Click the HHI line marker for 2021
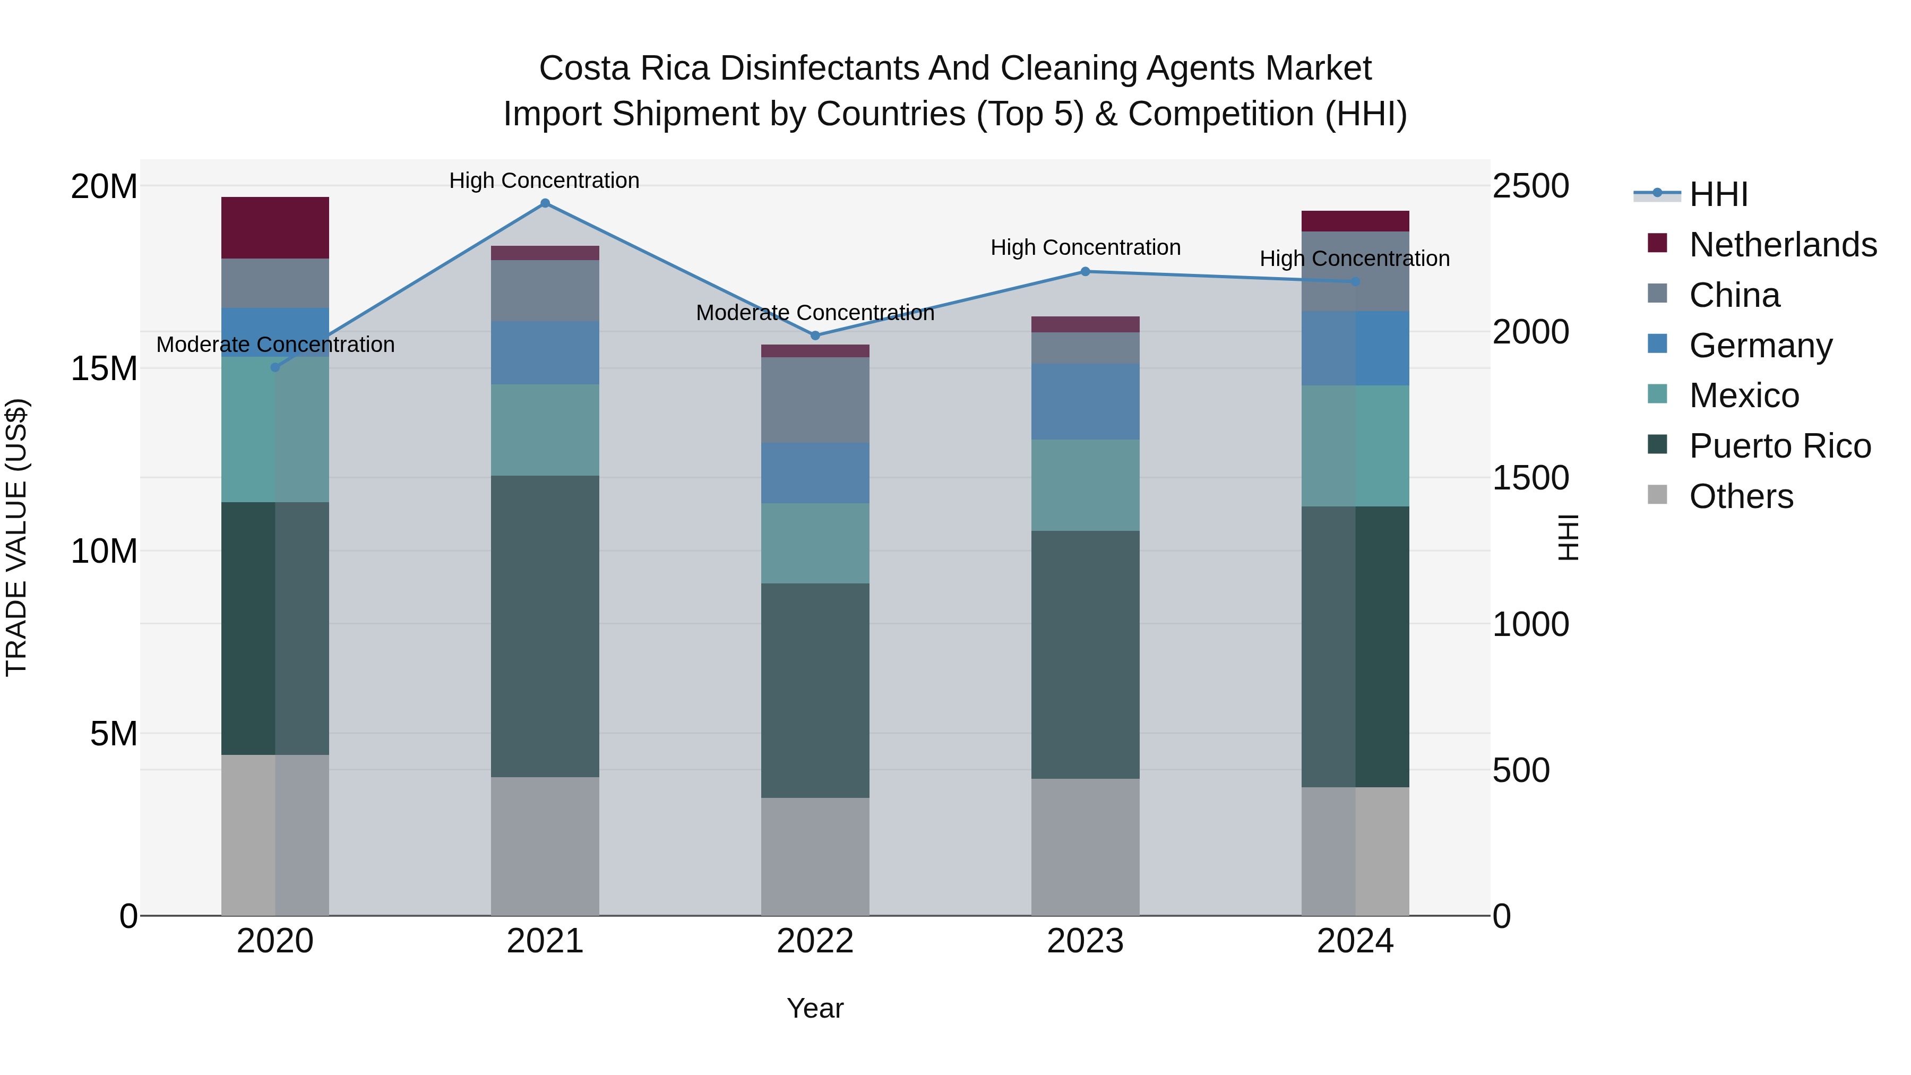click(x=545, y=203)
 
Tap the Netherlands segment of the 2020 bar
click(x=275, y=228)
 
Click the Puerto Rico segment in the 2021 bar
click(x=545, y=626)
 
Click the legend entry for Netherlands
click(x=1782, y=244)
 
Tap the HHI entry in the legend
click(x=1718, y=194)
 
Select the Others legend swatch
click(x=1657, y=495)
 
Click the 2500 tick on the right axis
click(x=1530, y=186)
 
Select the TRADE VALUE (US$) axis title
click(x=16, y=537)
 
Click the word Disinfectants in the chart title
click(x=818, y=68)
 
